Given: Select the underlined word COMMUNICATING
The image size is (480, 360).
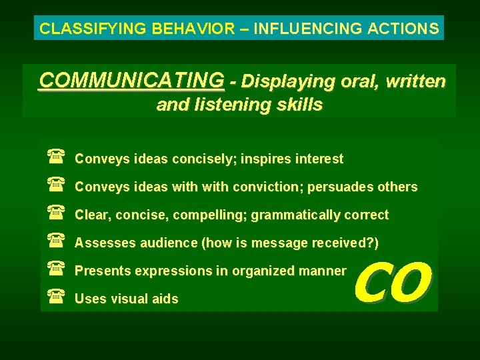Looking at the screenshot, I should click(x=131, y=81).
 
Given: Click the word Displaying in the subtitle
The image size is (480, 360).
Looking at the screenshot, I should click(x=279, y=81).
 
